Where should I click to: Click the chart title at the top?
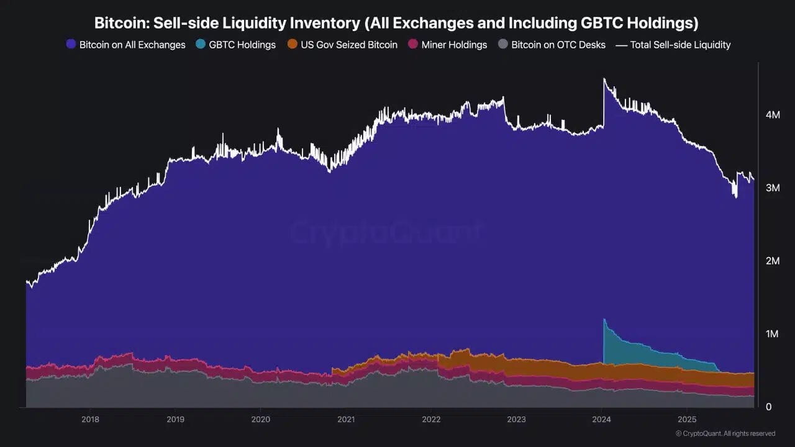point(396,23)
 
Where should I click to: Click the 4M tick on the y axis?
point(773,115)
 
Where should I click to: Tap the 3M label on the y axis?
point(773,187)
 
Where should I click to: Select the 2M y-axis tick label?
point(773,261)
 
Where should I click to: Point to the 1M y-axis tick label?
point(773,334)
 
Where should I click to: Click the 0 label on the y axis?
point(768,407)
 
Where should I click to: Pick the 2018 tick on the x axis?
point(91,419)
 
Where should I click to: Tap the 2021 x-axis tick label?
point(346,419)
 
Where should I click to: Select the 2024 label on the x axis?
point(602,419)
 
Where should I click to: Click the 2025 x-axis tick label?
point(687,419)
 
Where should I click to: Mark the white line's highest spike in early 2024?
point(604,79)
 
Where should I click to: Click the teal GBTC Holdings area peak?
point(605,320)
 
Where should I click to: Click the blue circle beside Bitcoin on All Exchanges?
point(71,45)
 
